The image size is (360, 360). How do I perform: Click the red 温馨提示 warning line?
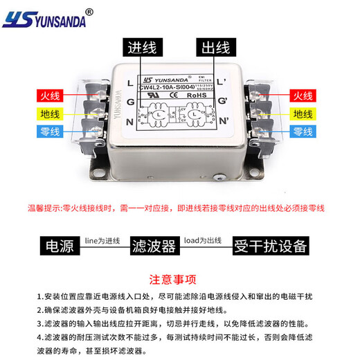click(x=176, y=208)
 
